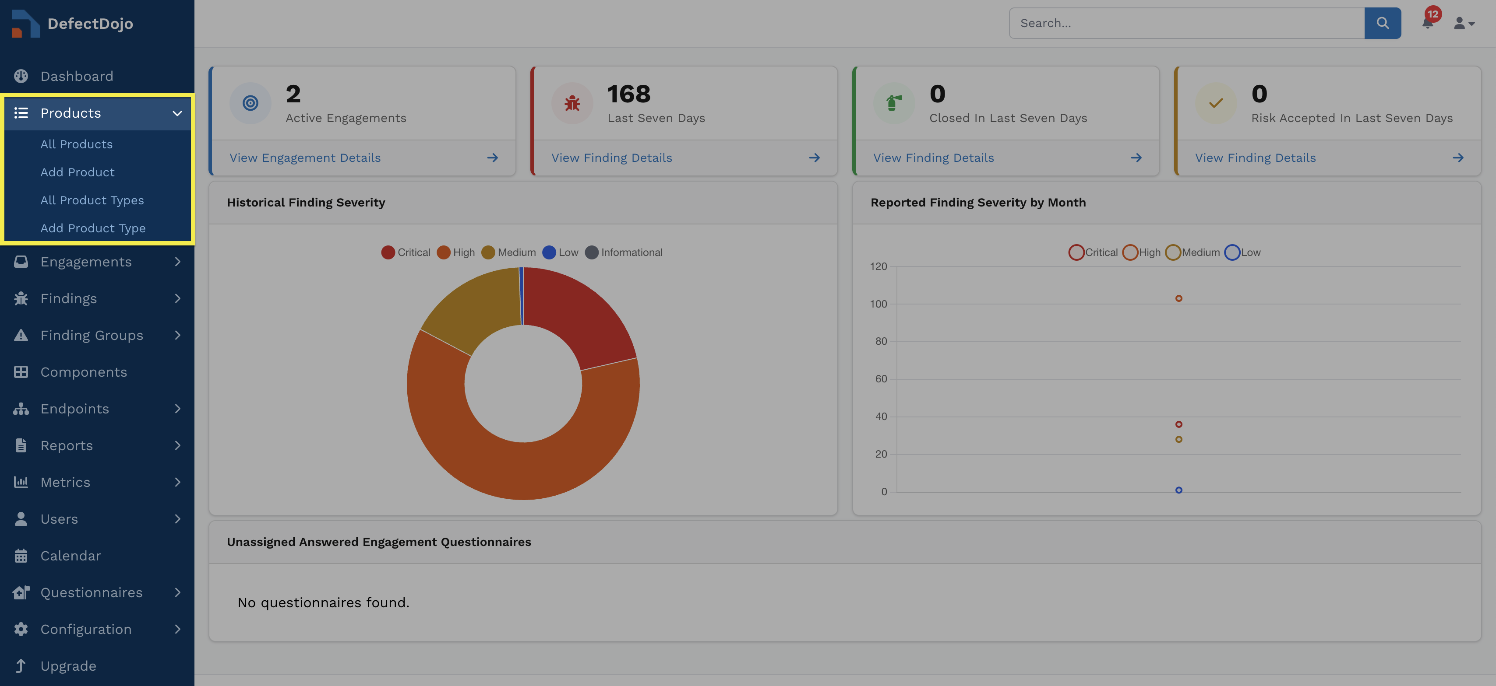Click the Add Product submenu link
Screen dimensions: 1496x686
(77, 172)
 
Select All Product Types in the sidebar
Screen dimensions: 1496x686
(92, 200)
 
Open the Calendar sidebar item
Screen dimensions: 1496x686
(70, 556)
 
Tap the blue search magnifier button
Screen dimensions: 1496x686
(1382, 23)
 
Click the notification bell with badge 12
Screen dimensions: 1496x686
(1428, 22)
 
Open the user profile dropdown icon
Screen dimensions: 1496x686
(1464, 23)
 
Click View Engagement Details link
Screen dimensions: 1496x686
(305, 158)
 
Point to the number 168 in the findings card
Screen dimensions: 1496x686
(628, 94)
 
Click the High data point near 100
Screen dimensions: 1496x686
(1178, 298)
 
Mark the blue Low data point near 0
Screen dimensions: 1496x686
(1178, 490)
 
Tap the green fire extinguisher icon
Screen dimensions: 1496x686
(894, 103)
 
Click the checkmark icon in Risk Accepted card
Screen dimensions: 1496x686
(1216, 103)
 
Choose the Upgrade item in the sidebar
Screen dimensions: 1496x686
(68, 666)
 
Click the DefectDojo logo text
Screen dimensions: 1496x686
(90, 24)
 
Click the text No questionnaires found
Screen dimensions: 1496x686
(324, 602)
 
